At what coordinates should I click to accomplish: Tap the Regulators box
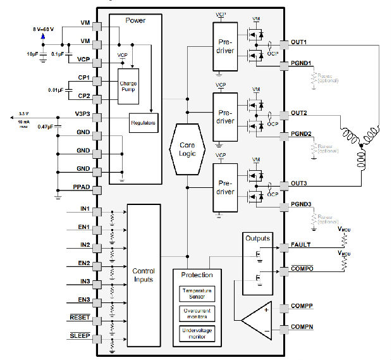pyautogui.click(x=144, y=121)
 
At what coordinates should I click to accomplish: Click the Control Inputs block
pyautogui.click(x=144, y=275)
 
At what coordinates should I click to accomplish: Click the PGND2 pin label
pyautogui.click(x=302, y=133)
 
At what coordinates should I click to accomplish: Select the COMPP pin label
pyautogui.click(x=302, y=306)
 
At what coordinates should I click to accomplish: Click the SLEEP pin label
pyautogui.click(x=80, y=336)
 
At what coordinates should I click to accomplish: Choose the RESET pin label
pyautogui.click(x=80, y=318)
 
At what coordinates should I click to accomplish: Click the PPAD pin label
pyautogui.click(x=82, y=188)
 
